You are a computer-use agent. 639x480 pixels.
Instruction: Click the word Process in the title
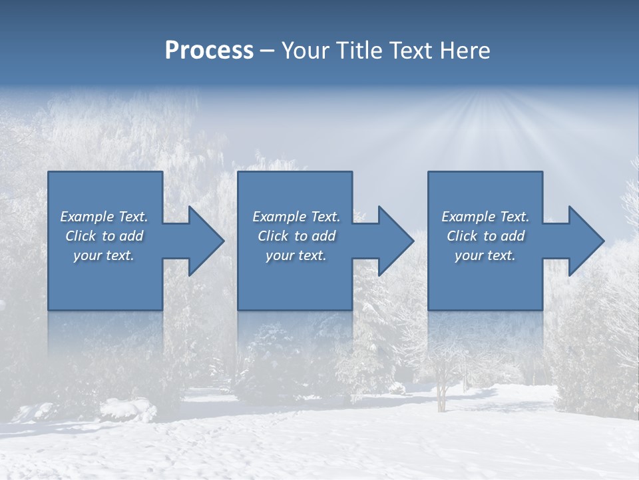[x=209, y=51]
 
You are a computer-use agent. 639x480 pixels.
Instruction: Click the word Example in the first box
[x=87, y=217]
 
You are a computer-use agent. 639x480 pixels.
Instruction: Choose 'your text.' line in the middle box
[x=296, y=255]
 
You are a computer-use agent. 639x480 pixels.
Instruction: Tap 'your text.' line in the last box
[x=485, y=255]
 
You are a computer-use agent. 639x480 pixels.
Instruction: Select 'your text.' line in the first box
[x=104, y=255]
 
